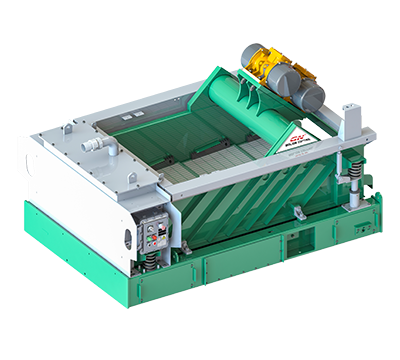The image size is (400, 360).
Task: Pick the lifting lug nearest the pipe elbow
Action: click(x=66, y=127)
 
